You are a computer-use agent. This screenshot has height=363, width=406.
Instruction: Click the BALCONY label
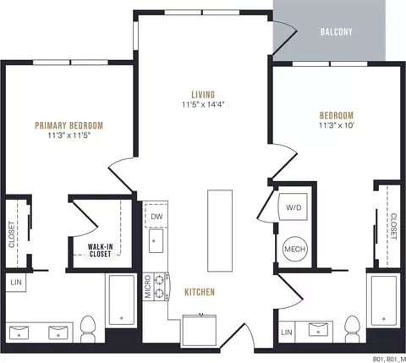pos(337,31)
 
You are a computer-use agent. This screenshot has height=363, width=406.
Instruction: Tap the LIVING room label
pos(203,95)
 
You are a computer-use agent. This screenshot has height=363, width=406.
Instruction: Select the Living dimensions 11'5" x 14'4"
pos(203,105)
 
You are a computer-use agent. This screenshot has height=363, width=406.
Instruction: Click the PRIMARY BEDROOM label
pos(69,125)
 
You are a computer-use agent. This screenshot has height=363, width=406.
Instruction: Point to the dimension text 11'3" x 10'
pos(337,125)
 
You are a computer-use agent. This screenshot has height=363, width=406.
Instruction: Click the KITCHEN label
pos(200,292)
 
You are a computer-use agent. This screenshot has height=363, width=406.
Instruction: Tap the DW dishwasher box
pos(156,217)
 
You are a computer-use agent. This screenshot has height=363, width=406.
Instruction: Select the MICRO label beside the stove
pos(148,287)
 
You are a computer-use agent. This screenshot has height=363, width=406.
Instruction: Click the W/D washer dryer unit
pos(293,207)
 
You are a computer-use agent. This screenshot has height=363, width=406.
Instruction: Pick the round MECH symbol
pos(295,249)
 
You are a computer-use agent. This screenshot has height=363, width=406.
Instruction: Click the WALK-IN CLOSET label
pos(101,250)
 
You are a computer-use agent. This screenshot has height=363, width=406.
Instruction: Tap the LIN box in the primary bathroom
pos(16,283)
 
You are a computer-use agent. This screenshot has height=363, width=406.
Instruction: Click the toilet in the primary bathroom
pos(88,329)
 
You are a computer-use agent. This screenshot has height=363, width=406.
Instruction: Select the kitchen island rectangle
pos(220,231)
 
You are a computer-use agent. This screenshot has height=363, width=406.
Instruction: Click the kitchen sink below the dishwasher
pos(156,241)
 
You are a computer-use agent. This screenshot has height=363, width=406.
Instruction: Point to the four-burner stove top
pos(161,287)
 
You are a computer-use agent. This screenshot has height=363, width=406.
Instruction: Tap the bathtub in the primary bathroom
pos(121,300)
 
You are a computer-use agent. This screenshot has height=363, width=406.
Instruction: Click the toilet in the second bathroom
pos(353,329)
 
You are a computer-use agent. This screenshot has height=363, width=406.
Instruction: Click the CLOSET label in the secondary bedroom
pos(393,227)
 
